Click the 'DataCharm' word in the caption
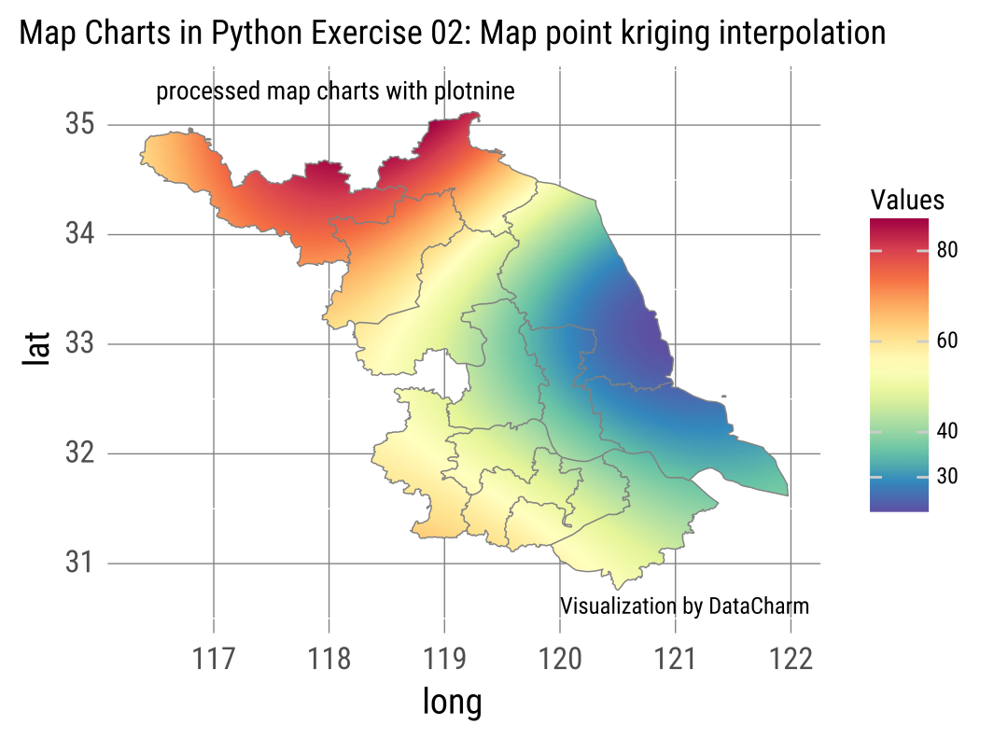pos(759,606)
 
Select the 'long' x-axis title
pos(453,703)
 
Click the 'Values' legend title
pos(906,200)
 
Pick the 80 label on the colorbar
pos(947,251)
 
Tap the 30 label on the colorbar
pos(947,477)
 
